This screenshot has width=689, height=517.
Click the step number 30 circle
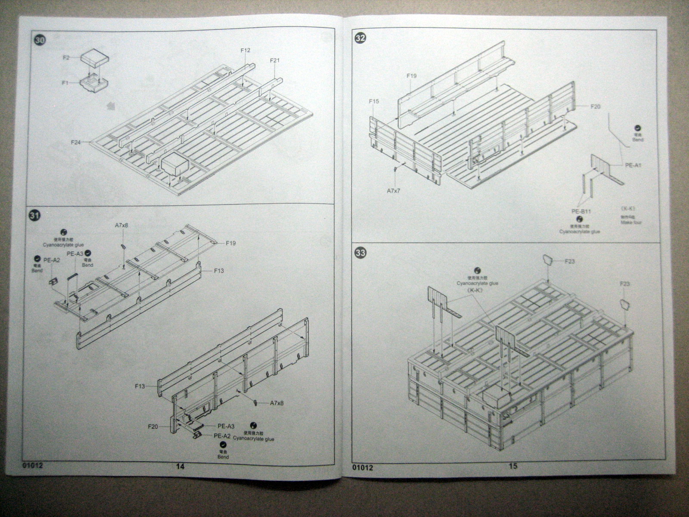[40, 41]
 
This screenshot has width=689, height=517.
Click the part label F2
[66, 57]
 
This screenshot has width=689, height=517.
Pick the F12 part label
[245, 50]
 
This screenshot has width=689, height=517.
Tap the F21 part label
[275, 60]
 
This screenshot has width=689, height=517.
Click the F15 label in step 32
[373, 101]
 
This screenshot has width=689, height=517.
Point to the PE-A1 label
[633, 165]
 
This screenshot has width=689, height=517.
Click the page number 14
[180, 466]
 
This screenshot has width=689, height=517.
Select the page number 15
[512, 466]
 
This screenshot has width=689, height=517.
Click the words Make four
[632, 223]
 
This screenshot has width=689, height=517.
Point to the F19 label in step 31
[231, 243]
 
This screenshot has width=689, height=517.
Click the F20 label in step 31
[153, 427]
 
